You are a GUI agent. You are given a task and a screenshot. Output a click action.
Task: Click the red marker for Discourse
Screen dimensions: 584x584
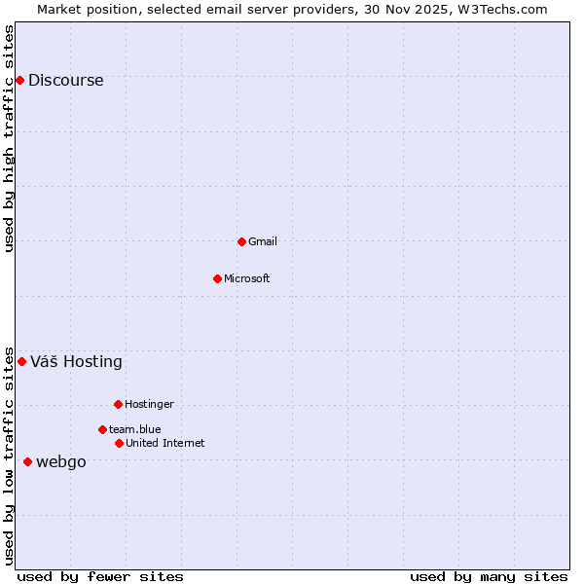[19, 80]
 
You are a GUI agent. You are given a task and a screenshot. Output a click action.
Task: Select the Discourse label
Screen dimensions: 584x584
[65, 81]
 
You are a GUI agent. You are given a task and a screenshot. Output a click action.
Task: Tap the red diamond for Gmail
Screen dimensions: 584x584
[241, 241]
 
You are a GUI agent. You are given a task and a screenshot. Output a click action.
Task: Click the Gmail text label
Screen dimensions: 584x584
[263, 241]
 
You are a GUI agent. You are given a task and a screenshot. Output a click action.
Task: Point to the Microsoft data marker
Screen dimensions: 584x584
[217, 278]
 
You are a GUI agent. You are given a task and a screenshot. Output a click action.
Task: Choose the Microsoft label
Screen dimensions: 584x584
[246, 278]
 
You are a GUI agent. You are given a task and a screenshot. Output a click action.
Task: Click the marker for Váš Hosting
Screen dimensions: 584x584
[21, 361]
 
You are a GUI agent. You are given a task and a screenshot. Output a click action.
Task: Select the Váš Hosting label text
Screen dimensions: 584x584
[76, 362]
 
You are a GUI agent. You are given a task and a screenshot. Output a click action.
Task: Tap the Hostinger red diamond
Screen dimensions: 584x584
[118, 404]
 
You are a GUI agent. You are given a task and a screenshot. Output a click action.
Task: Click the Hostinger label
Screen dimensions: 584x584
[149, 404]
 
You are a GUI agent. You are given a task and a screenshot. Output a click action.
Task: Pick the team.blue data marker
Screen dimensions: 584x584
[102, 429]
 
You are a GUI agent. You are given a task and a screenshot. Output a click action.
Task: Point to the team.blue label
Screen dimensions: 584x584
[134, 429]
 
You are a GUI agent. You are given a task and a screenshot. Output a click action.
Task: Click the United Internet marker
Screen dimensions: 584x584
[119, 443]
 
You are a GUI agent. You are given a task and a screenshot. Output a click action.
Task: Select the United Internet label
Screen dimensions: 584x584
[164, 443]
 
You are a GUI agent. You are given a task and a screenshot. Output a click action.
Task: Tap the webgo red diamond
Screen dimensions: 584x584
[27, 461]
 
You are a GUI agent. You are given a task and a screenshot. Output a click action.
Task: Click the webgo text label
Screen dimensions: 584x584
[60, 462]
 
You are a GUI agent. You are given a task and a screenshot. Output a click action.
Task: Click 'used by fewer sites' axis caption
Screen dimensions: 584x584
[100, 576]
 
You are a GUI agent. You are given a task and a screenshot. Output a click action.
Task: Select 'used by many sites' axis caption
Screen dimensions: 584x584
[489, 576]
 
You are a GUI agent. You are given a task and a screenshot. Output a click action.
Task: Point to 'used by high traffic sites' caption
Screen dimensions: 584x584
[9, 138]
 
